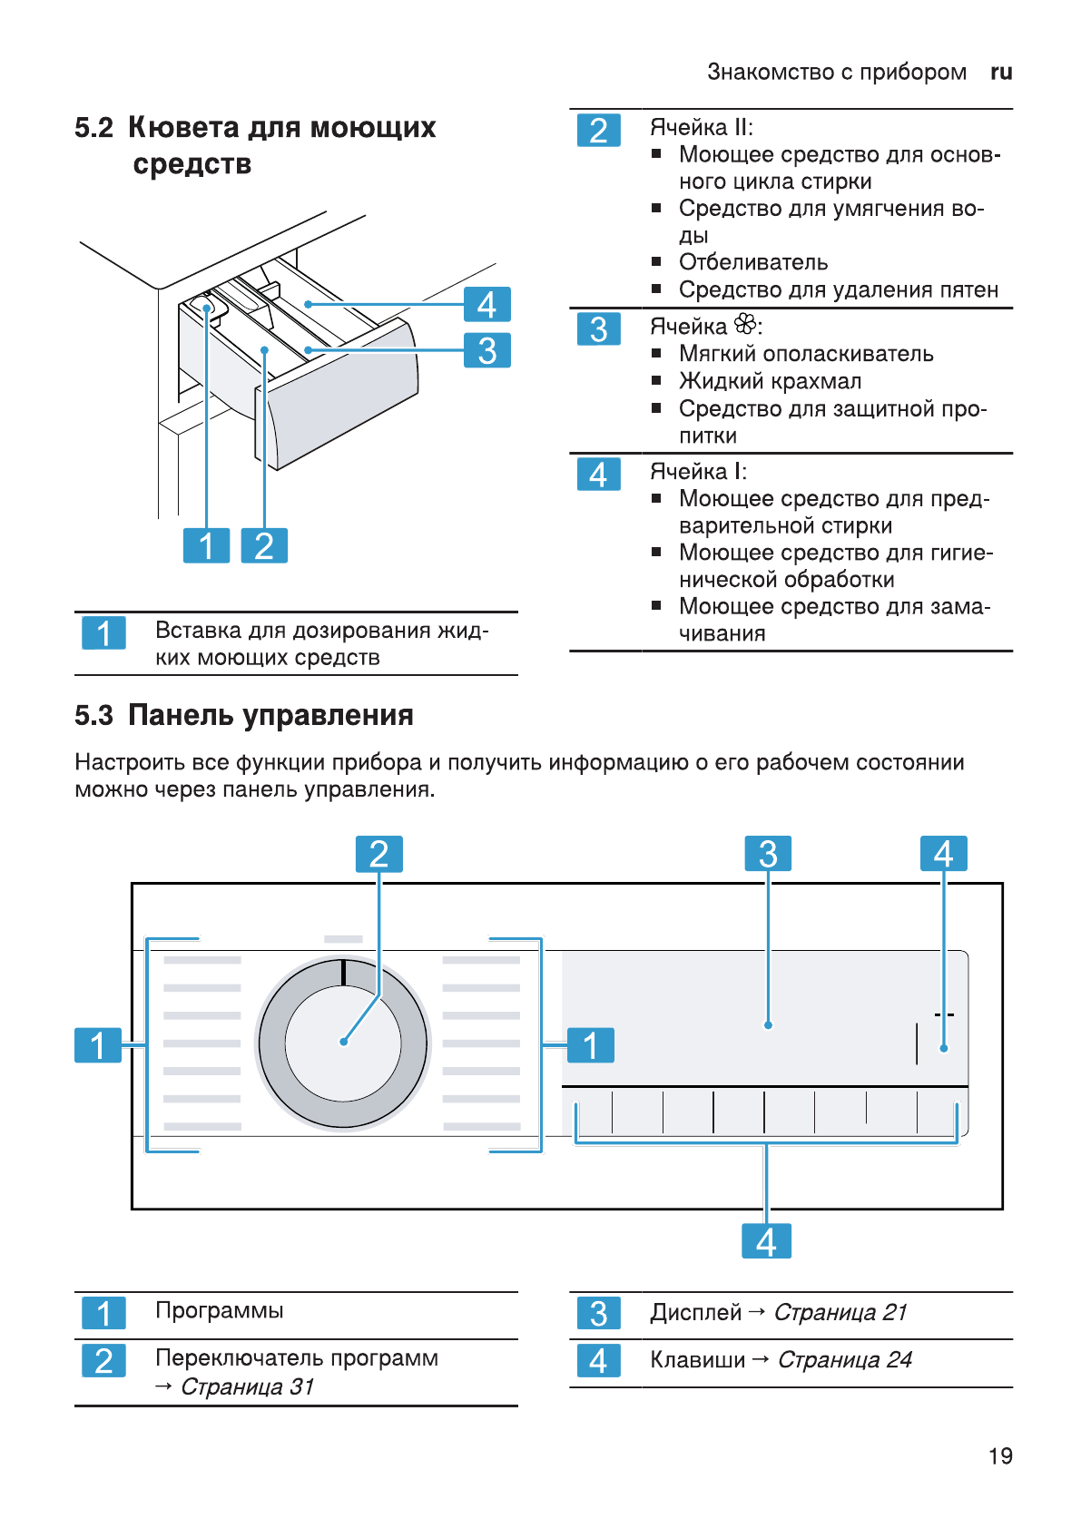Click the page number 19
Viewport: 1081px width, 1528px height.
(x=1000, y=1455)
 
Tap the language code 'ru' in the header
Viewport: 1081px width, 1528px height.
(x=1001, y=73)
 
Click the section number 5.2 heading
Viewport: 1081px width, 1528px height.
(x=93, y=128)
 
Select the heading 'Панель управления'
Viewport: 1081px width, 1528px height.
(x=270, y=715)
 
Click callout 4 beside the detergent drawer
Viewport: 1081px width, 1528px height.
(x=486, y=304)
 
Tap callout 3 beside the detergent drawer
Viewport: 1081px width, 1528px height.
(x=486, y=350)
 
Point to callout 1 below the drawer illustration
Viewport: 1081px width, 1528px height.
(x=206, y=545)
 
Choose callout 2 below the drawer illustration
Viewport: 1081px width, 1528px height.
(x=264, y=545)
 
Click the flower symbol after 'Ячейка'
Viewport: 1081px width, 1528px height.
(x=745, y=324)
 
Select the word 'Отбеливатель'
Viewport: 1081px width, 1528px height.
(x=753, y=262)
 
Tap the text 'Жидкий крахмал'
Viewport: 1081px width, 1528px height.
(x=770, y=381)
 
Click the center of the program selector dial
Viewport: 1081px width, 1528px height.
(x=343, y=1042)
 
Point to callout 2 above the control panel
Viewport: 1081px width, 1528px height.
(x=378, y=854)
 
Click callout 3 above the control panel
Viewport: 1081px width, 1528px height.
(x=768, y=854)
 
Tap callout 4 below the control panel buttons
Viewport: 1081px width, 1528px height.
(x=766, y=1241)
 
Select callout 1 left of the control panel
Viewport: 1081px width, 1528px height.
(x=98, y=1045)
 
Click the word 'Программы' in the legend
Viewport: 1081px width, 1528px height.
(x=219, y=1310)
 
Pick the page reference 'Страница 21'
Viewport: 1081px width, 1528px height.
(x=840, y=1312)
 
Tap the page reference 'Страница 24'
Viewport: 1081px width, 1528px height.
(x=844, y=1359)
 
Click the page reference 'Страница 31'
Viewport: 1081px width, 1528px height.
(x=247, y=1386)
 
